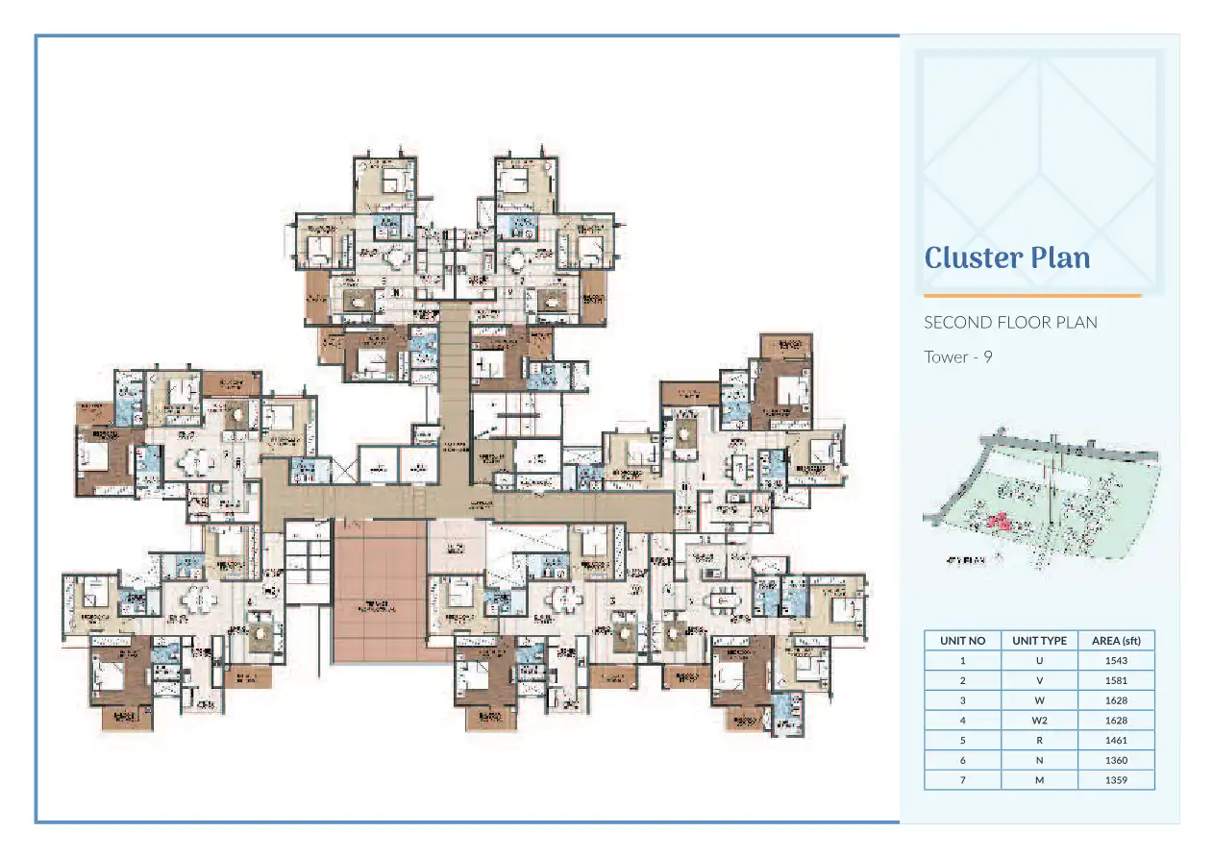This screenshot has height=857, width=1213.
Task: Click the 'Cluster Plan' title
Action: pos(1006,258)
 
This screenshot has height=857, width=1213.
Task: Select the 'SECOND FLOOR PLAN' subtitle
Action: pos(1009,322)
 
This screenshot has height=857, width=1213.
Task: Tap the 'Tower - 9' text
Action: pos(957,356)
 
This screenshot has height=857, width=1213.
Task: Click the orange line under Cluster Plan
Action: pos(1032,296)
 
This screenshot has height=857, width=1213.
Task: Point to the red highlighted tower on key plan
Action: pos(998,523)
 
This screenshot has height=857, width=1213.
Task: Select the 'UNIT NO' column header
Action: pos(962,640)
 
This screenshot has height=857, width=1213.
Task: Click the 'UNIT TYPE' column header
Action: pos(1039,640)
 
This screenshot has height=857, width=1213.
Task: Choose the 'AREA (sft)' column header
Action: pos(1116,640)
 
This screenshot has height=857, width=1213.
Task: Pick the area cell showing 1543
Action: pos(1116,660)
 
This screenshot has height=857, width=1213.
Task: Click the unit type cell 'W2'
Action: pos(1039,720)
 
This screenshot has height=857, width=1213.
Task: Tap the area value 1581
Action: pos(1116,680)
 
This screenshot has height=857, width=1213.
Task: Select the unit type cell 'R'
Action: pos(1039,740)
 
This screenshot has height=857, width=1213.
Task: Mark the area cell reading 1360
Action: pos(1116,760)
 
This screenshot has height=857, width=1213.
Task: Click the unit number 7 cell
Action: pos(962,780)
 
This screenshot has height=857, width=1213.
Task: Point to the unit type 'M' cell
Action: pos(1039,780)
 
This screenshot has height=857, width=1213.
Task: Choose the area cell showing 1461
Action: pos(1116,740)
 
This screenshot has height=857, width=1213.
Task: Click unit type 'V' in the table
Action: pos(1039,680)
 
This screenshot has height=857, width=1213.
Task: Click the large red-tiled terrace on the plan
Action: pos(380,591)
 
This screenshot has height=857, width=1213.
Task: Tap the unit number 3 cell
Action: pos(962,700)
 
